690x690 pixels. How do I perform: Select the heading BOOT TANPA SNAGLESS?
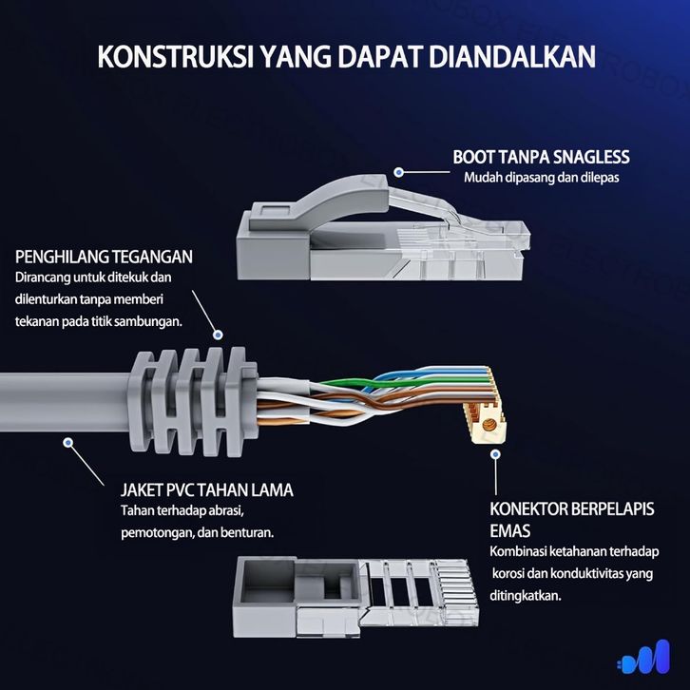pos(541,157)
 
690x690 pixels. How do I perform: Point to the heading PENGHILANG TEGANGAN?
pos(105,257)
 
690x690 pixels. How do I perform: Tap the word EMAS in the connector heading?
pos(510,530)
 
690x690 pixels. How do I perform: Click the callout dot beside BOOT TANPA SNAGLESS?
pos(399,172)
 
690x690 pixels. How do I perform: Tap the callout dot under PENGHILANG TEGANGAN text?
pos(218,335)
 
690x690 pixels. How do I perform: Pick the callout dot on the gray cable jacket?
pos(68,442)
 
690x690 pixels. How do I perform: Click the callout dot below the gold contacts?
pos(495,454)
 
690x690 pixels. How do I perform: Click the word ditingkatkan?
pos(526,596)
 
